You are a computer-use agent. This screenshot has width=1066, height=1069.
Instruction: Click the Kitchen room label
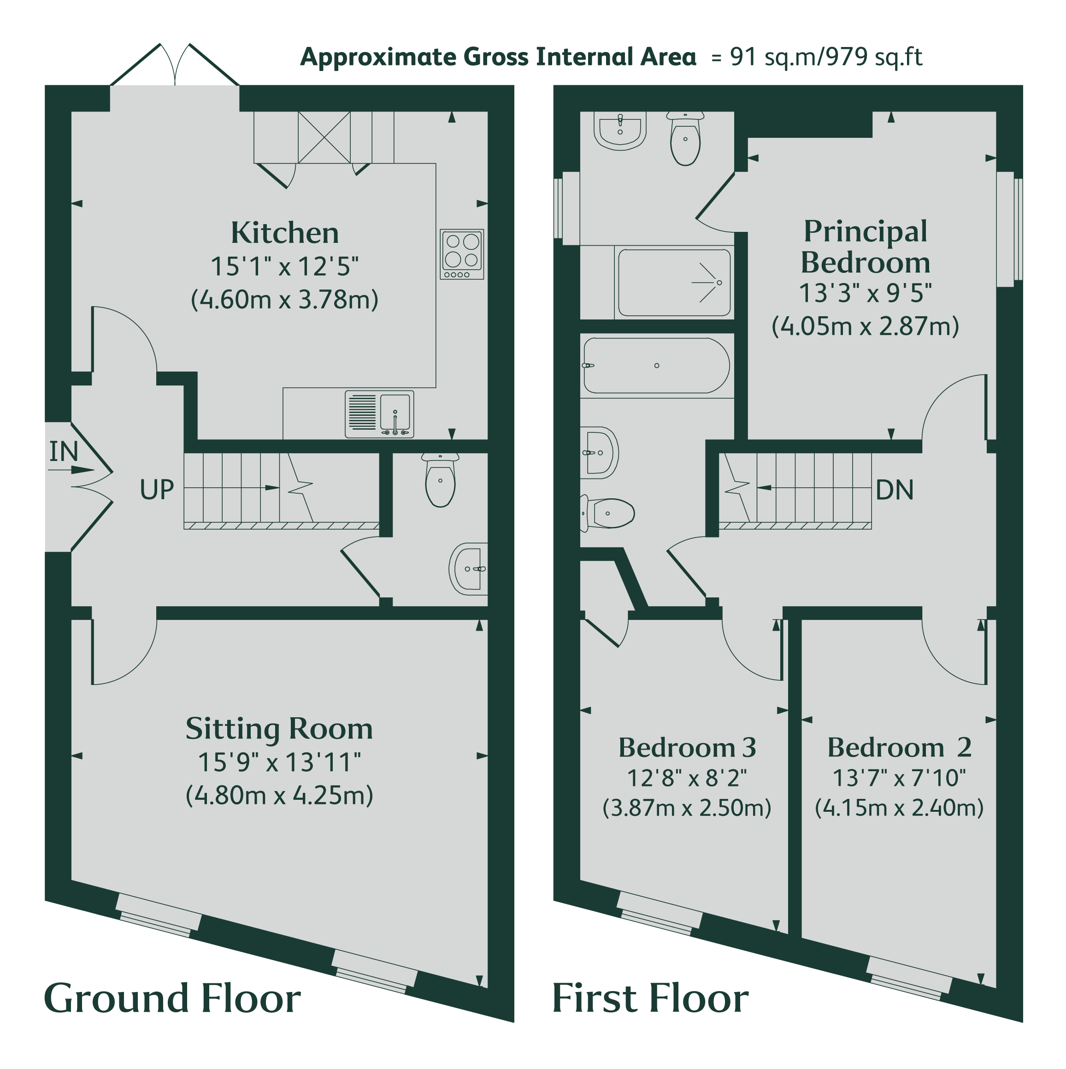point(284,233)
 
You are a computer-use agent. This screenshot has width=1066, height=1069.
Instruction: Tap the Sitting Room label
point(279,729)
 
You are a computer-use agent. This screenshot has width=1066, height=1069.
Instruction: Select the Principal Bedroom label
point(865,247)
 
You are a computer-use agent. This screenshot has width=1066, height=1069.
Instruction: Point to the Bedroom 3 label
point(687,748)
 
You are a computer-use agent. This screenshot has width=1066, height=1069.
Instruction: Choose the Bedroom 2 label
point(900,748)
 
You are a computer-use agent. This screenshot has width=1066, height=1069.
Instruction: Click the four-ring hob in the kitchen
point(462,254)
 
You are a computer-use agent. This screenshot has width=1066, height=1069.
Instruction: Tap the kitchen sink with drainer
point(379,414)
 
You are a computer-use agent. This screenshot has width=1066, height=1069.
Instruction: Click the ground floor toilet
point(440,480)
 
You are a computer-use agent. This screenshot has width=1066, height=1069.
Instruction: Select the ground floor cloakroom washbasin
point(468,569)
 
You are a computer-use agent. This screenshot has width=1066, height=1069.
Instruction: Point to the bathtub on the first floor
point(657,366)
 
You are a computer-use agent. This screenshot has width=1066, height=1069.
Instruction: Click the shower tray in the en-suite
point(674,283)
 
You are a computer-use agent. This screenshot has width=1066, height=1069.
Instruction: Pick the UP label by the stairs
point(157,490)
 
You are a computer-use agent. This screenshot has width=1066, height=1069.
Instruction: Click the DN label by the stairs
point(895,490)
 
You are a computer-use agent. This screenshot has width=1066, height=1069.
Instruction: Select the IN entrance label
point(64,451)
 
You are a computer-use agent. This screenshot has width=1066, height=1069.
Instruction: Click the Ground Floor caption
point(172,999)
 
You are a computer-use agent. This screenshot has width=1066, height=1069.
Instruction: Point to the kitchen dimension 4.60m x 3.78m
point(284,299)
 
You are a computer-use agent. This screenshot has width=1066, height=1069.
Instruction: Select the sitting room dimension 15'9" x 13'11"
point(279,762)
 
